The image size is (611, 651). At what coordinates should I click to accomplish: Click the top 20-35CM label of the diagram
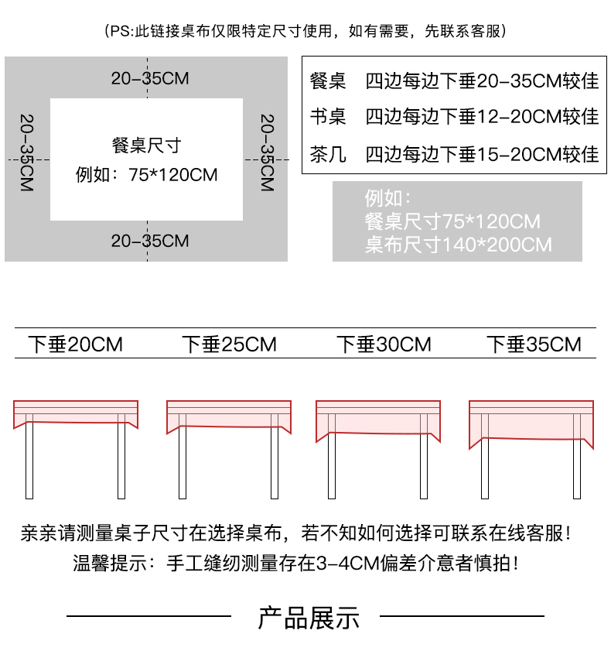pyautogui.click(x=150, y=78)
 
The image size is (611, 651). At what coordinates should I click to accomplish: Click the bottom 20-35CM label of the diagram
pyautogui.click(x=150, y=241)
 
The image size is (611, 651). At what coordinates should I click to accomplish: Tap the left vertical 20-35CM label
pyautogui.click(x=27, y=153)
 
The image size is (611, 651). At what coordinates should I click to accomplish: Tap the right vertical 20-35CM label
pyautogui.click(x=267, y=153)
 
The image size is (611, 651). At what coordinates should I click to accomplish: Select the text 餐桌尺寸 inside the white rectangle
pyautogui.click(x=146, y=146)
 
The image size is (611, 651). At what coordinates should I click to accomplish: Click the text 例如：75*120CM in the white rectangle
pyautogui.click(x=146, y=175)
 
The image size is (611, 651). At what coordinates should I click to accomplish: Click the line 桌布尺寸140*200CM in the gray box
pyautogui.click(x=459, y=245)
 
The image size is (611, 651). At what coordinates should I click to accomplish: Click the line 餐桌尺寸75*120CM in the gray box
pyautogui.click(x=452, y=222)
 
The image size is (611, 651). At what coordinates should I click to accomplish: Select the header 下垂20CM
pyautogui.click(x=75, y=344)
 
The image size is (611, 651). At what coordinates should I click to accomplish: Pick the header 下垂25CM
pyautogui.click(x=229, y=344)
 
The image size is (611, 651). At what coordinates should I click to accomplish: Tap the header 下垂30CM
pyautogui.click(x=384, y=344)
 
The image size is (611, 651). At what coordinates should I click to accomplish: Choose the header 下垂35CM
pyautogui.click(x=534, y=344)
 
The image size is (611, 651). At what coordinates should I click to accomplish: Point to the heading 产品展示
pyautogui.click(x=308, y=618)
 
